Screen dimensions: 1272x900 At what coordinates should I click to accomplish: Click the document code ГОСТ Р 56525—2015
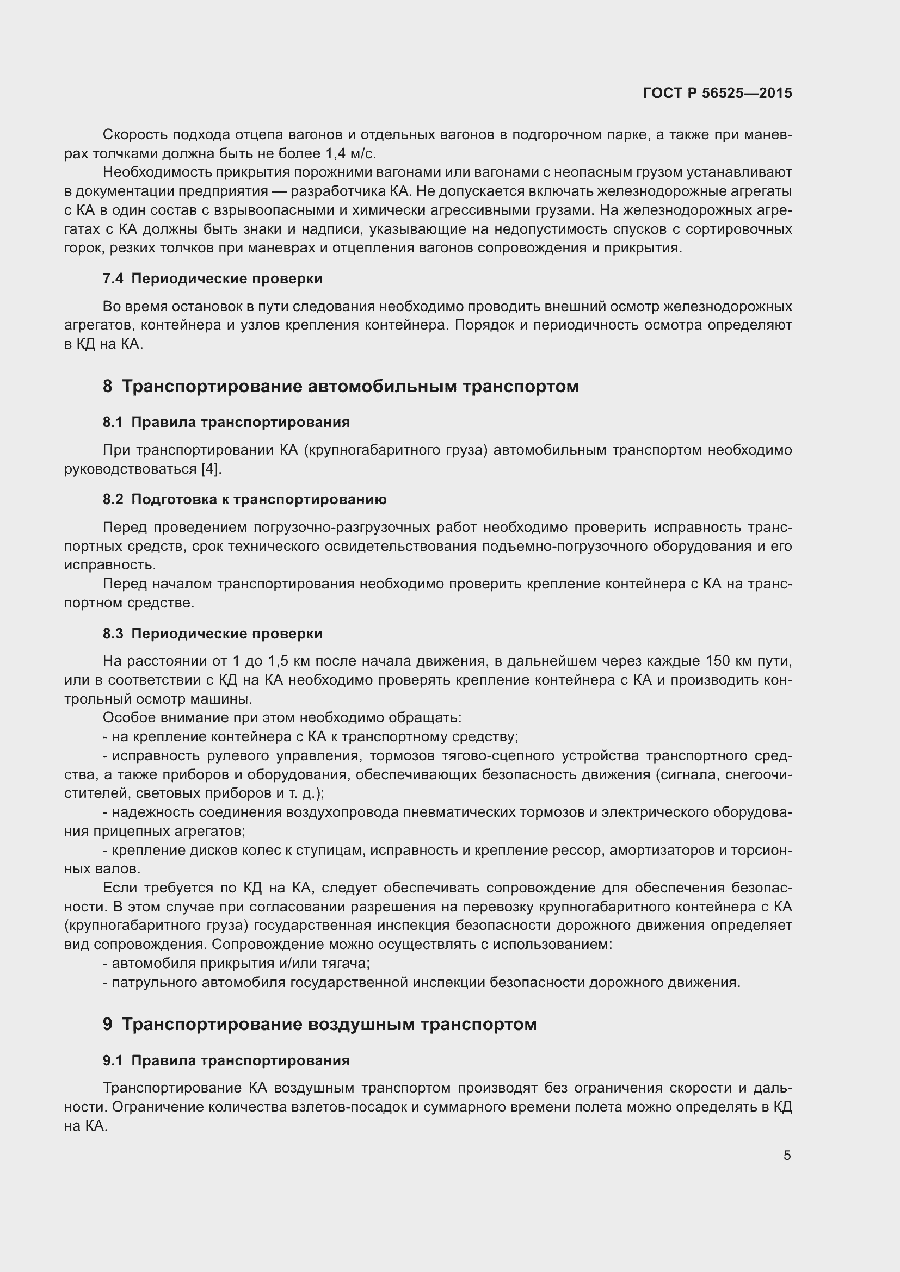point(717,93)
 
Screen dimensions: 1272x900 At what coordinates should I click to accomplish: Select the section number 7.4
point(113,278)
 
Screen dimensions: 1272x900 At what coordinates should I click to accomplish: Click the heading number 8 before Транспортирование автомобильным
point(108,386)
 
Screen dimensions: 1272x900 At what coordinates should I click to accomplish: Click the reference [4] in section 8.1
point(211,469)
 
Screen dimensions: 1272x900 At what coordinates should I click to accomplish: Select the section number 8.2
point(113,500)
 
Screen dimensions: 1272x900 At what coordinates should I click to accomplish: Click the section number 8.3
point(113,634)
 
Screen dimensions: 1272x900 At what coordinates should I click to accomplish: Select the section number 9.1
point(113,1060)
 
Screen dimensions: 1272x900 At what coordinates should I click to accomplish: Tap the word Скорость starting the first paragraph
point(134,135)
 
